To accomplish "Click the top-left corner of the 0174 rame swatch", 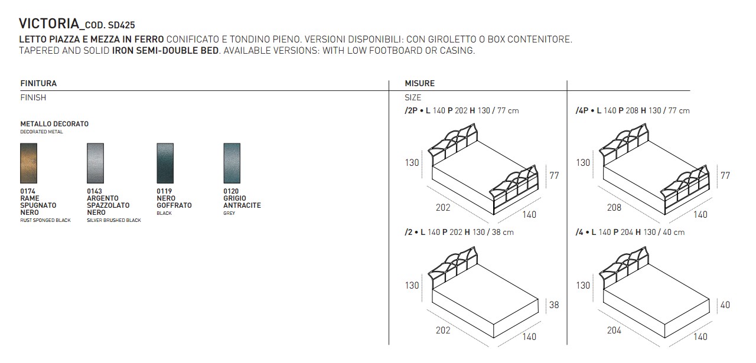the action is pyautogui.click(x=20, y=143).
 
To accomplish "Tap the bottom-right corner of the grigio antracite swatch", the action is pyautogui.click(x=240, y=183).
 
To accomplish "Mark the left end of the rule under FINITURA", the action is pyautogui.click(x=20, y=90).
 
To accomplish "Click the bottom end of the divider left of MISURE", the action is pyautogui.click(x=389, y=345).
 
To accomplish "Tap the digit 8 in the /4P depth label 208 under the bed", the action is pyautogui.click(x=618, y=208).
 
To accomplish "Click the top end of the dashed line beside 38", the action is pyautogui.click(x=546, y=298).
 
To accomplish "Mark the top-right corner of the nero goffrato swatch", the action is pyautogui.click(x=174, y=143).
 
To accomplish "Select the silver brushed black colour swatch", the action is pyautogui.click(x=95, y=163).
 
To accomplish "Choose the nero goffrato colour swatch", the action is pyautogui.click(x=165, y=163).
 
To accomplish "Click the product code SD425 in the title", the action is pyautogui.click(x=122, y=25).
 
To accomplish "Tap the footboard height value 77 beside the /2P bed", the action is pyautogui.click(x=554, y=175).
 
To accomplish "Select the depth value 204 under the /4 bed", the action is pyautogui.click(x=614, y=331).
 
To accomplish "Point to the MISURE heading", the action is pyautogui.click(x=419, y=83).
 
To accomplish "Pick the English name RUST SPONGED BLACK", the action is pyautogui.click(x=45, y=220).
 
